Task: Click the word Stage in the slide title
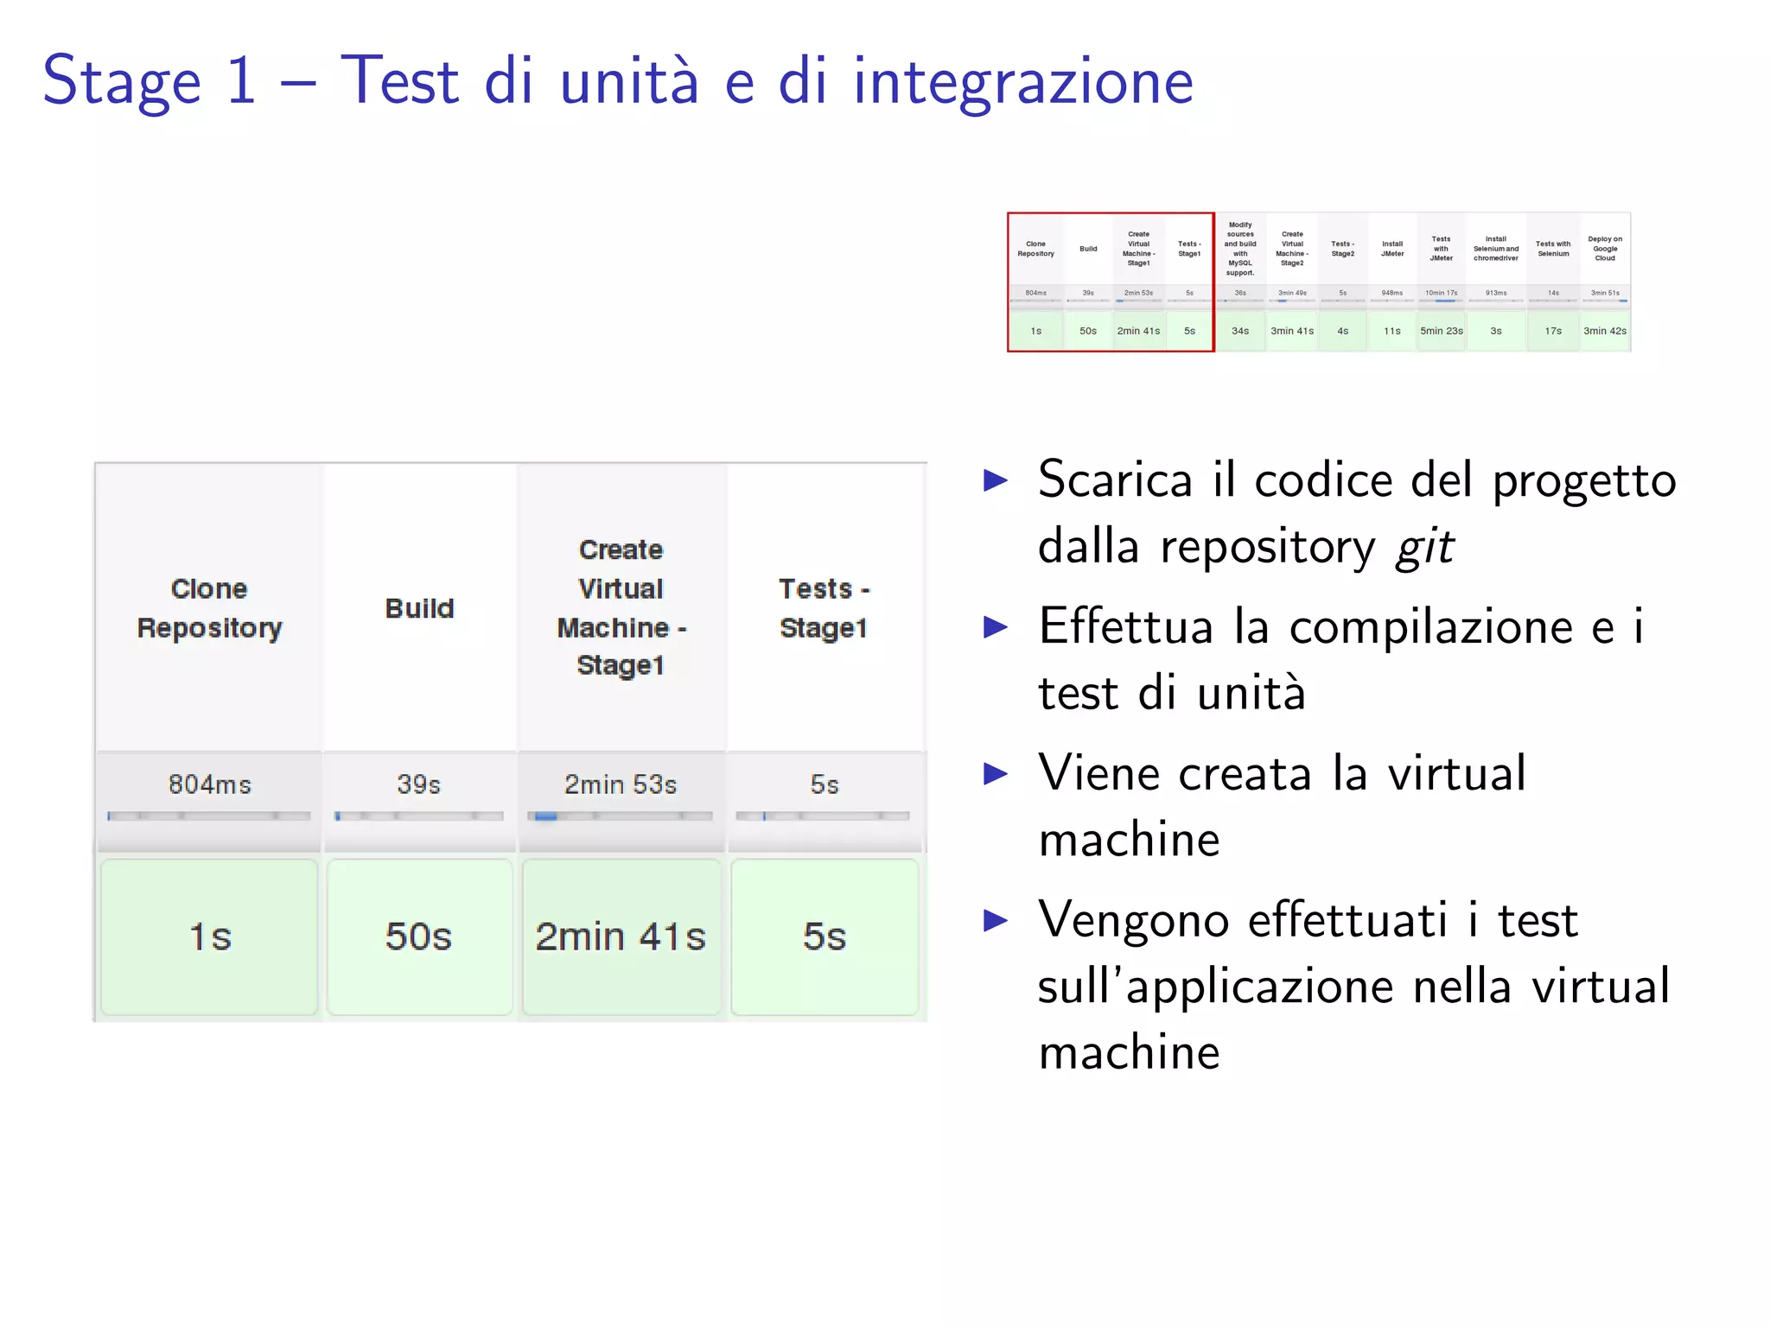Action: pos(122,82)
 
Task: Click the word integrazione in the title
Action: pos(1023,82)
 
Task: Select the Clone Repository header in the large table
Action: pos(209,608)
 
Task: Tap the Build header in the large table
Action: pos(419,608)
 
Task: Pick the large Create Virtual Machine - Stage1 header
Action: pos(621,607)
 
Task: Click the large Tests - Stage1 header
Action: pos(824,608)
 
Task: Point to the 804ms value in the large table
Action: pos(209,784)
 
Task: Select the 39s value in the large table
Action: pos(418,784)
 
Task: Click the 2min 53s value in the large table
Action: pos(621,784)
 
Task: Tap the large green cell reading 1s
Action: pos(209,937)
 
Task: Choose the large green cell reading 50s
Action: pos(418,937)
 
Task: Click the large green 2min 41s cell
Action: pos(621,937)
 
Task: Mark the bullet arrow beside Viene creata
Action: pos(996,773)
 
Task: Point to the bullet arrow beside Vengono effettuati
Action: pos(996,920)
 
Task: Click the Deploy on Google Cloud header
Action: pos(1605,249)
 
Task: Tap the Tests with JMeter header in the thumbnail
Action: pos(1441,249)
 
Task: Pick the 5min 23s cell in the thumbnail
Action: pos(1441,331)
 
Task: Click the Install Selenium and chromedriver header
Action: pos(1496,249)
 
